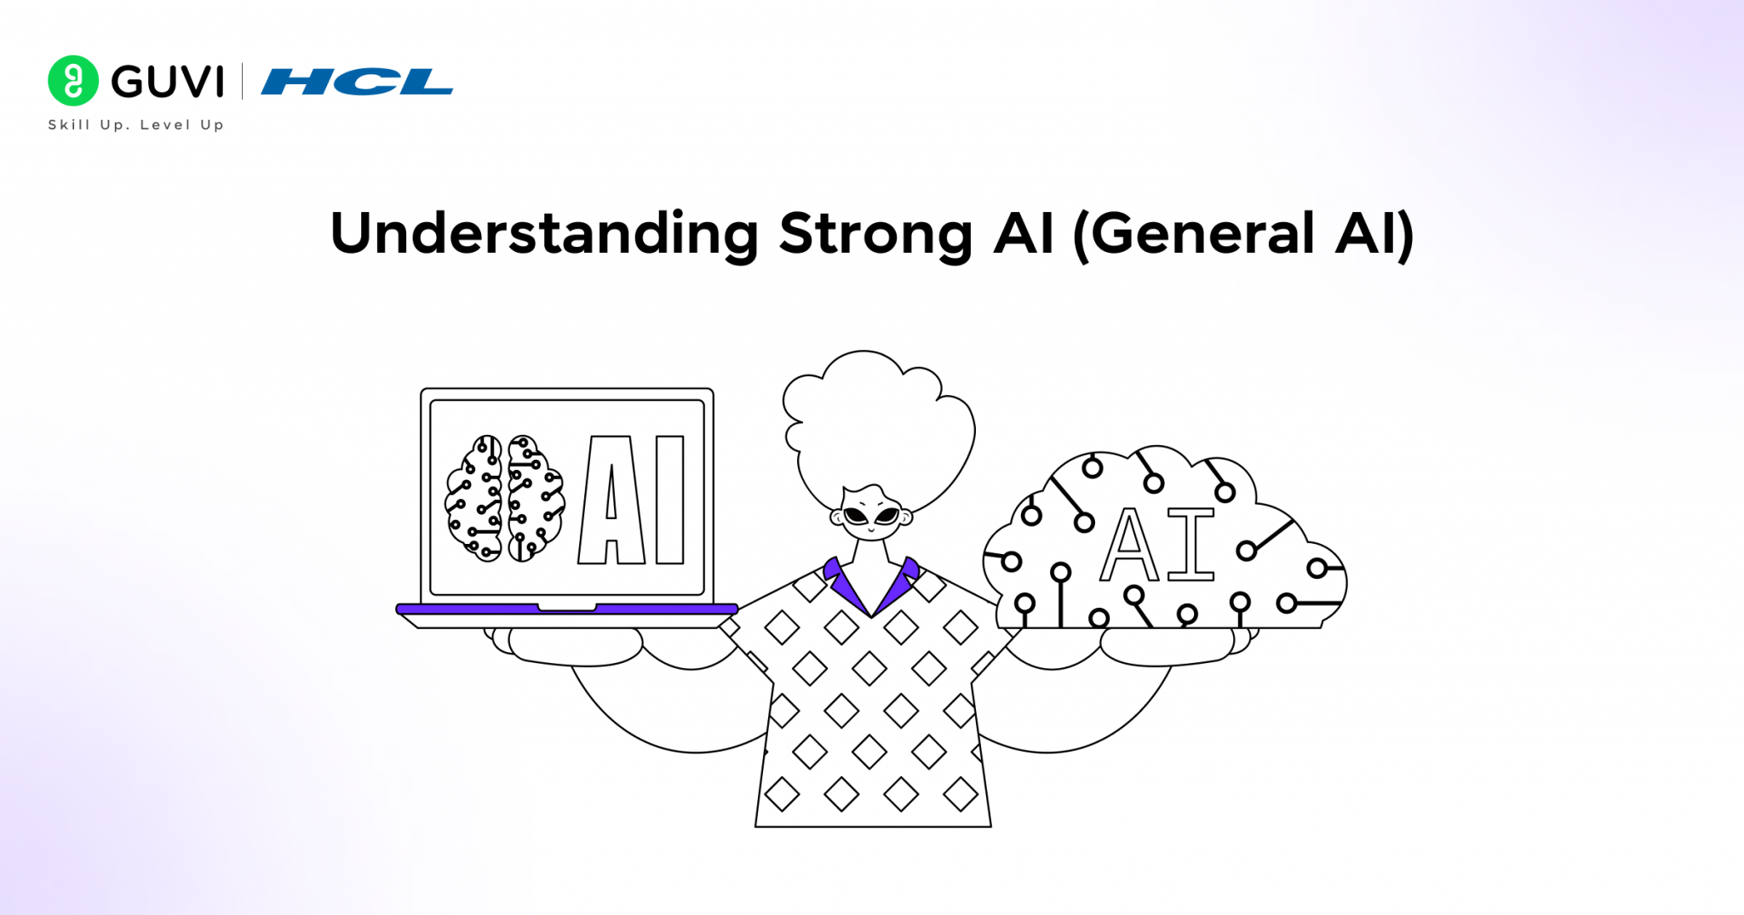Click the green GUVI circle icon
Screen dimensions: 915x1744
73,81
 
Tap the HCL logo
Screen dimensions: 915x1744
357,82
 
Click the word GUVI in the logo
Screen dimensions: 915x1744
168,82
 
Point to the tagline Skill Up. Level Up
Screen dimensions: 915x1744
135,125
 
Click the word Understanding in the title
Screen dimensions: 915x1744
543,234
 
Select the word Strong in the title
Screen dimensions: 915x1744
875,234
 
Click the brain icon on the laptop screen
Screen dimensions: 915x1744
504,499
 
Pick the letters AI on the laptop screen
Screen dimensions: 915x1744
632,500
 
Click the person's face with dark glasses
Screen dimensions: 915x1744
872,514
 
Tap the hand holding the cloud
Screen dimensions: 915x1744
1167,647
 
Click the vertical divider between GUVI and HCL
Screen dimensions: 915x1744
243,82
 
